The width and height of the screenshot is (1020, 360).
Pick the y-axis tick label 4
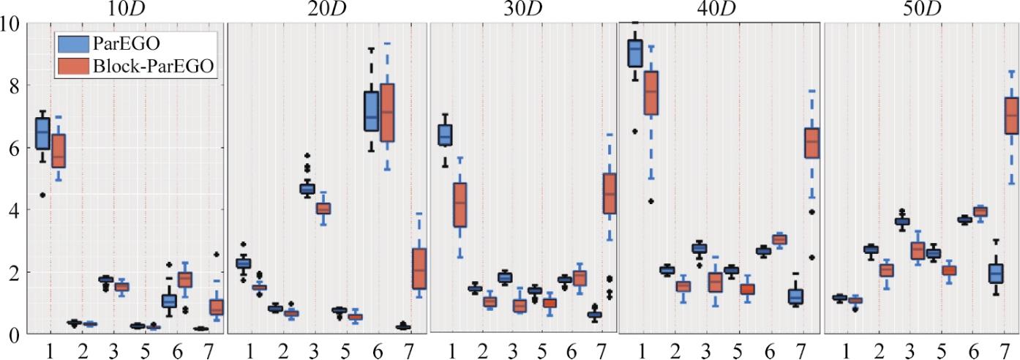[14, 211]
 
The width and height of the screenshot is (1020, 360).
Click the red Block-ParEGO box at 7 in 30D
[610, 194]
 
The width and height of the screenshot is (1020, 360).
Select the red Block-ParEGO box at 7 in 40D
[811, 143]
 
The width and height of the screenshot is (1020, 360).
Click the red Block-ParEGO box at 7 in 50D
[1012, 116]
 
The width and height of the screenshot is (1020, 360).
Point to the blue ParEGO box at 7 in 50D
[995, 273]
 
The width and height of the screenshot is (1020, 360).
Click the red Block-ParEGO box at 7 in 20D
[419, 269]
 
